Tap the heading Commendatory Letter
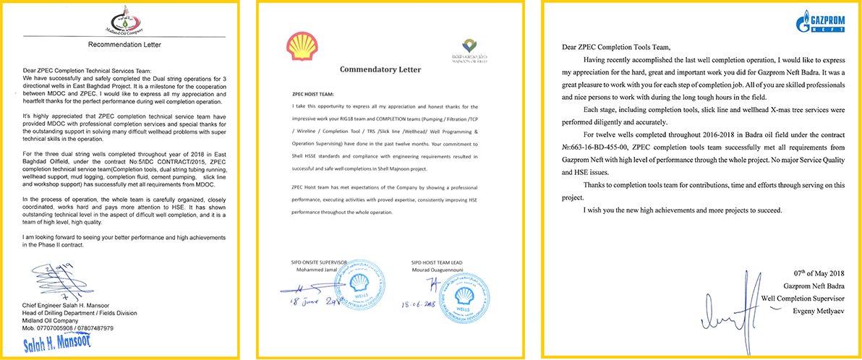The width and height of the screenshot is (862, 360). (x=380, y=69)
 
